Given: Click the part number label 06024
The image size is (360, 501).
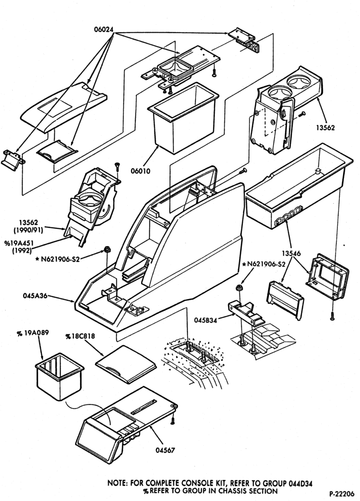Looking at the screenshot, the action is [x=104, y=29].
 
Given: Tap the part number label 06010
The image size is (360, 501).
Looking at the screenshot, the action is [x=140, y=171].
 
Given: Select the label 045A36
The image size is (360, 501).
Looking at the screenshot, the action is [x=35, y=296].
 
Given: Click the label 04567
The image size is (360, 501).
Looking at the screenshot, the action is [x=165, y=450].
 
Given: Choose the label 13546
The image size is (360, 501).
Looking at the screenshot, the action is [x=291, y=254].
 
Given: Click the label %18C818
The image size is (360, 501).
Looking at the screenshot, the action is [x=80, y=337].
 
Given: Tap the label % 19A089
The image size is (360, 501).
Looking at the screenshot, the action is [x=33, y=333].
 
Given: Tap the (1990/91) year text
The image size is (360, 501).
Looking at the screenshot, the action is [x=28, y=229].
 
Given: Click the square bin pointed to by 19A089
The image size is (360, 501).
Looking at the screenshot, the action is [x=59, y=376].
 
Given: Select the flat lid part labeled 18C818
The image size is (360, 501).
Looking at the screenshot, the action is [x=126, y=364].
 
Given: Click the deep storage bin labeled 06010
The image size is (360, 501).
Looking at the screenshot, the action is [x=183, y=118].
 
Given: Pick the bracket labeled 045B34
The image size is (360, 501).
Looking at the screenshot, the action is [x=246, y=313].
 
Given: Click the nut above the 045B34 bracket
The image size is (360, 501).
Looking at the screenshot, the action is [x=238, y=288].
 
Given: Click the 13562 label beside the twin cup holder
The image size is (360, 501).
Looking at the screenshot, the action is [x=325, y=127].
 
